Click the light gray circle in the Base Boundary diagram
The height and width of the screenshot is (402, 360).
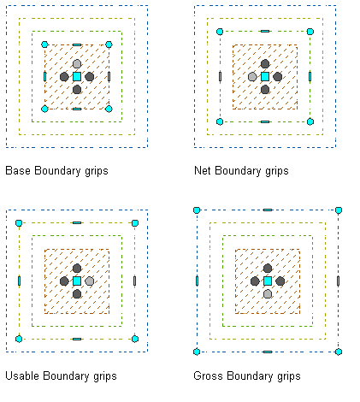(77, 63)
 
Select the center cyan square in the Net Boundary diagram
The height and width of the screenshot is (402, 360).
(265, 76)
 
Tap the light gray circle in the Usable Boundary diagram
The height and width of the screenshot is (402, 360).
(90, 281)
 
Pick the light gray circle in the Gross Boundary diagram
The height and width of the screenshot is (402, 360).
(268, 294)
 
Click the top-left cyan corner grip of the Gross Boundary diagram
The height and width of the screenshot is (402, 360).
(197, 210)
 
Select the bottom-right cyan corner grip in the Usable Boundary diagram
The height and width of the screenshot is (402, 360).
(135, 339)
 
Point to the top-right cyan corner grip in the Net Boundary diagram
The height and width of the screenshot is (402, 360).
(310, 32)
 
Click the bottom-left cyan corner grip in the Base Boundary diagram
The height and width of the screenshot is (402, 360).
(44, 109)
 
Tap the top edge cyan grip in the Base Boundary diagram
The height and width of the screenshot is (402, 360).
(77, 44)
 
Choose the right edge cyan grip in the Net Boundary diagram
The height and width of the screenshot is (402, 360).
(310, 76)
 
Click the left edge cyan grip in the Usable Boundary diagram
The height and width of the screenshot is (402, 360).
(19, 281)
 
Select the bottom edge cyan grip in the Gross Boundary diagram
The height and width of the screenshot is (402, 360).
(268, 352)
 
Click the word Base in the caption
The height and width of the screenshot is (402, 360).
(18, 170)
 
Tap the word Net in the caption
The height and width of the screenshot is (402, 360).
(203, 170)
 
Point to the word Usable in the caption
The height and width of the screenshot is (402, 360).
(22, 375)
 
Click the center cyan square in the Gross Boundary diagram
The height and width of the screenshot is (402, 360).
(268, 281)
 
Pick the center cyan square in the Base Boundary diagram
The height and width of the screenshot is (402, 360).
(77, 76)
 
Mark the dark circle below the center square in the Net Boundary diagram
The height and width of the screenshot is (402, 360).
(265, 90)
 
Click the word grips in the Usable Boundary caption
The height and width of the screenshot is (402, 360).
(105, 376)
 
